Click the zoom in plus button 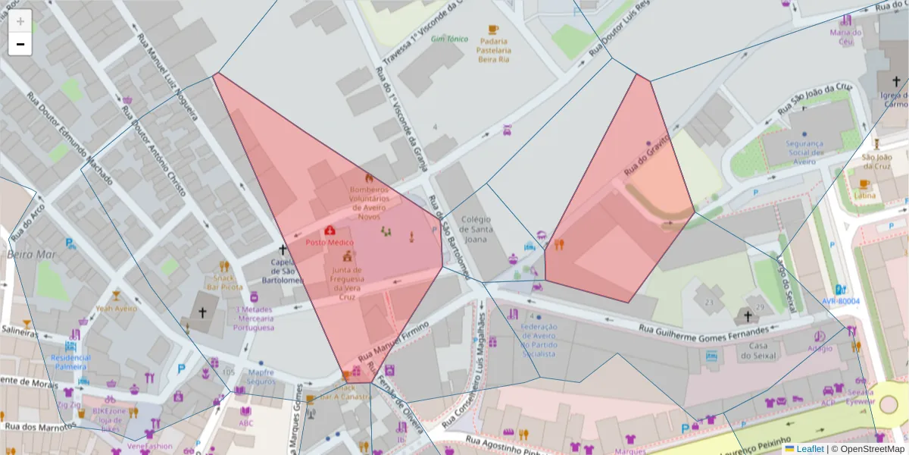[20, 21]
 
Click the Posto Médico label [330, 242]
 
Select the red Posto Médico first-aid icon [330, 230]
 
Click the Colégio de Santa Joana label [476, 229]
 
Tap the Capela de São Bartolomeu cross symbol [283, 249]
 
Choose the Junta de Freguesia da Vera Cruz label [346, 284]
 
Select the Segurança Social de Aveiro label [804, 152]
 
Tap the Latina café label [864, 196]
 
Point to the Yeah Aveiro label [116, 309]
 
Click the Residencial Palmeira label [70, 362]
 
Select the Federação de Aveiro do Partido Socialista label [539, 340]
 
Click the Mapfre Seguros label [261, 377]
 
